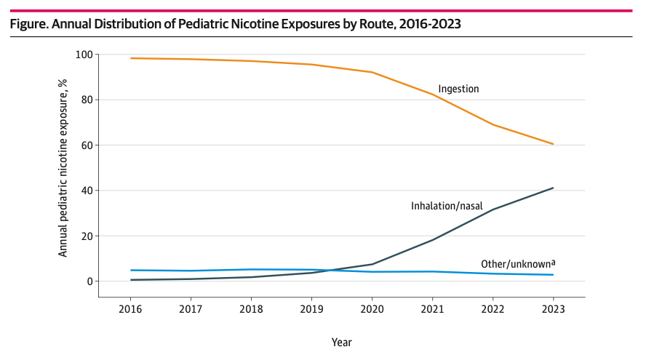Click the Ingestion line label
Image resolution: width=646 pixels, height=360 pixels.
coord(458,89)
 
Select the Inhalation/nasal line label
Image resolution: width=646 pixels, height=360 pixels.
coord(447,206)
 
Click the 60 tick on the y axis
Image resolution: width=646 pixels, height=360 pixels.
coord(86,145)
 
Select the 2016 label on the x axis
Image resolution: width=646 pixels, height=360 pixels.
coord(130,308)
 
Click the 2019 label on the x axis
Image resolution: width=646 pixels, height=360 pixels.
coord(311,308)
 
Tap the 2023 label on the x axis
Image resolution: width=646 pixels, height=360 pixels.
coord(553,308)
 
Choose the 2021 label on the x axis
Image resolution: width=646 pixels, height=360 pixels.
coord(432,308)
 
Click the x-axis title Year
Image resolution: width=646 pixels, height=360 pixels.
coord(341,342)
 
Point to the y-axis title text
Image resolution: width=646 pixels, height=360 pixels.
coord(63,168)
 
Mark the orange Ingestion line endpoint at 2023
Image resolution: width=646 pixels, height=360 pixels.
coord(553,144)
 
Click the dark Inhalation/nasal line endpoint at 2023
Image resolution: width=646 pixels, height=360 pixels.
coord(553,188)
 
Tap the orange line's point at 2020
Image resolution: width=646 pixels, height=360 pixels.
coord(372,72)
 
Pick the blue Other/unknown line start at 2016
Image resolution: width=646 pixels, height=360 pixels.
coord(130,271)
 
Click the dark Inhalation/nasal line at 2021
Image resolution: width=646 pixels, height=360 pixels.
coord(432,240)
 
